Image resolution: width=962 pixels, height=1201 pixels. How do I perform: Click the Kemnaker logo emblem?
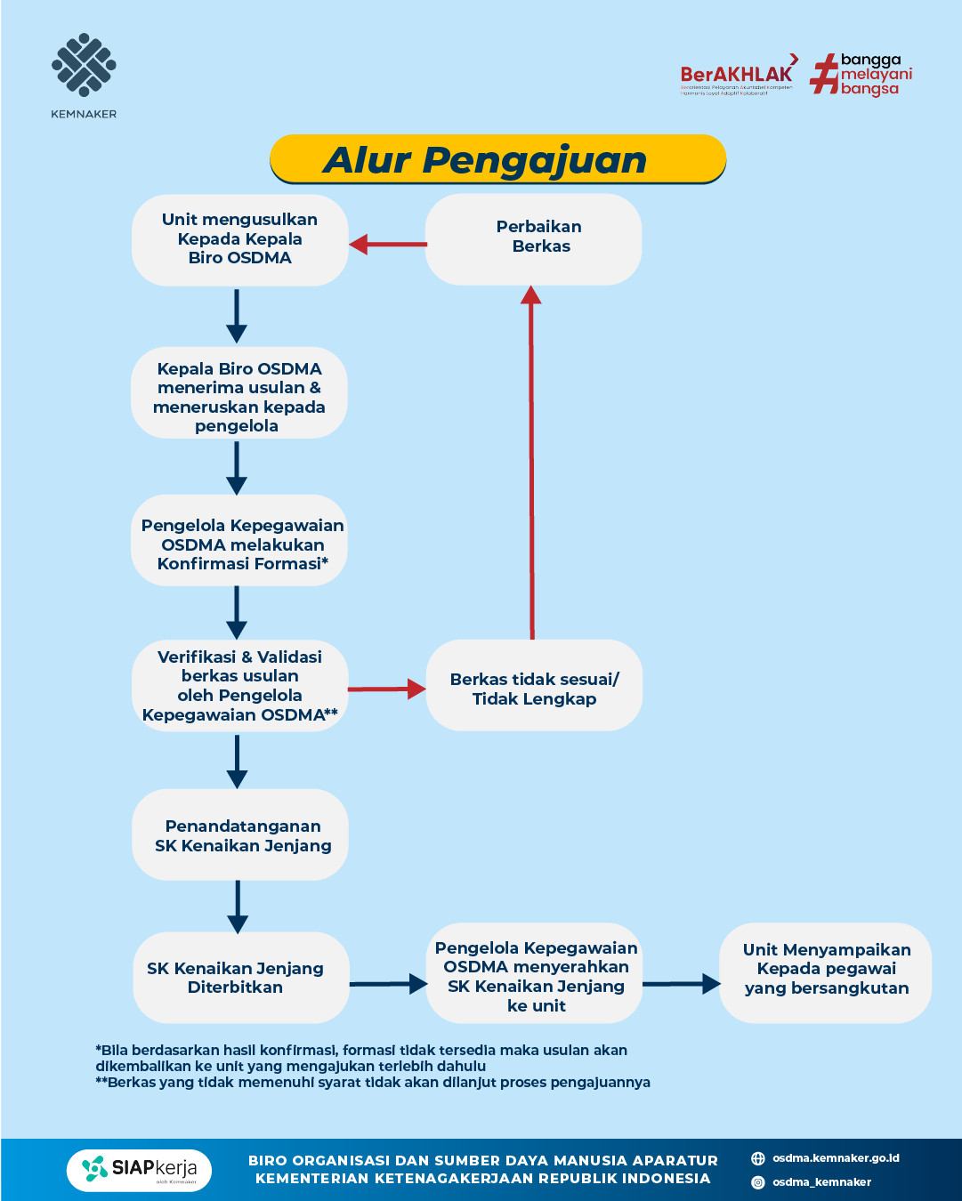point(84,66)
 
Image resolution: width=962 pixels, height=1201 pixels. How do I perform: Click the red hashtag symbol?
point(824,74)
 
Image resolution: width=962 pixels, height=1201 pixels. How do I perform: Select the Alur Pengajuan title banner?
point(497,160)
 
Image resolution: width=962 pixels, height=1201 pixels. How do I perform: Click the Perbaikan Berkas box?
point(533,238)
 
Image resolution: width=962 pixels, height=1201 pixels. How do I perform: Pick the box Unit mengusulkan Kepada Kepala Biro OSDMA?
point(239,239)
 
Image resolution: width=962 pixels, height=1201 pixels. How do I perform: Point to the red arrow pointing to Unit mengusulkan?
point(387,244)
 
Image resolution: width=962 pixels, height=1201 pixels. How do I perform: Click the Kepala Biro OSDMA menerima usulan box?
point(239,394)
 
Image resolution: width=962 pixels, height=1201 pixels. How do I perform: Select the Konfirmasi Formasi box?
point(239,542)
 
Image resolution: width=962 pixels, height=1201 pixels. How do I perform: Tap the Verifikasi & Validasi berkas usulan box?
point(239,686)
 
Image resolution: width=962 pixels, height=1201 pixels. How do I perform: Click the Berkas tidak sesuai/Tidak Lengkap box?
point(534,687)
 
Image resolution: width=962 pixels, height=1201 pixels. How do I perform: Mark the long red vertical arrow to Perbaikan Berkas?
point(532,463)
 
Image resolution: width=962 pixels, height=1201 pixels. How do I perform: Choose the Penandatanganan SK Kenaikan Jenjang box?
point(239,834)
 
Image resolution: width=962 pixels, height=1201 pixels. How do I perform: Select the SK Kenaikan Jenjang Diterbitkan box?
point(239,977)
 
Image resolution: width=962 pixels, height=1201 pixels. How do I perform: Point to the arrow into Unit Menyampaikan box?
point(682,984)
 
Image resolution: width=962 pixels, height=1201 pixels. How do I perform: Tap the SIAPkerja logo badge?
point(139,1170)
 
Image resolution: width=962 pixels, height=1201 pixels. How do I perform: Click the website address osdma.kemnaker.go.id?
point(836,1158)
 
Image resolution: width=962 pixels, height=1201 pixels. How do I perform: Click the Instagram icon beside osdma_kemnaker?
point(758,1182)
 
